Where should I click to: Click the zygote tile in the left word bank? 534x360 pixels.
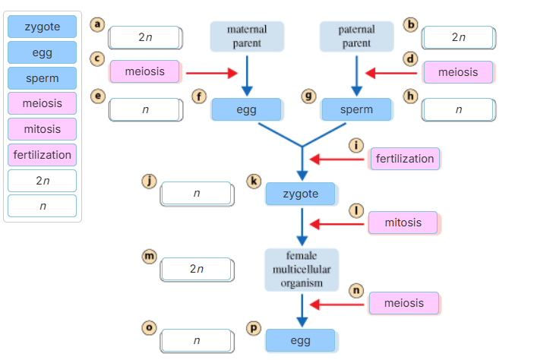coord(43,27)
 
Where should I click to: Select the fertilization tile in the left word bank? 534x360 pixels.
coord(43,155)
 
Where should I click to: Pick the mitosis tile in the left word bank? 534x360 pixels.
coord(43,129)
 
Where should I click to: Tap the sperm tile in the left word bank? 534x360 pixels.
coord(43,78)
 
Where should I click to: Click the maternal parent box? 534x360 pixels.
coord(248,37)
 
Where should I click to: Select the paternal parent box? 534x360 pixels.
coord(356,37)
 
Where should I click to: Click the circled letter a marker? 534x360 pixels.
coord(96,24)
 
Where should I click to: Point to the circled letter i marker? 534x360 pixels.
coord(355,145)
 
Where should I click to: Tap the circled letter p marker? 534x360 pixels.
coord(254,327)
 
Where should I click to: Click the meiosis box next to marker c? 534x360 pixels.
coord(145,71)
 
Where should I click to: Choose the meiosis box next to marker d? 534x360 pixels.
coord(458,72)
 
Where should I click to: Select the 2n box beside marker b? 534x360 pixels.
coord(458,37)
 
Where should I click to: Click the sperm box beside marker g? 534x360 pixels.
coord(356,109)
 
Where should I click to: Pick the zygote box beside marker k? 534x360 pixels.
coord(300,194)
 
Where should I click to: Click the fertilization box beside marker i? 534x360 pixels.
coord(405,159)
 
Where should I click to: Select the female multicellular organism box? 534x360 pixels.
coord(302,270)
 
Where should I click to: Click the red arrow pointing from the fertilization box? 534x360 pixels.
coord(338,159)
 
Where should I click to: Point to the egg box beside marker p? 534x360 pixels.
coord(300,340)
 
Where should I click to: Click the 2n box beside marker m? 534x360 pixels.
coord(197,269)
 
